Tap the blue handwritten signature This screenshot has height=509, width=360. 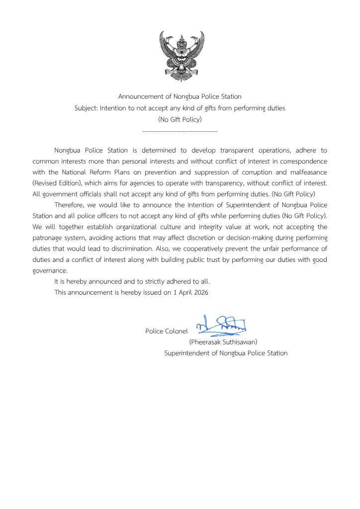222,325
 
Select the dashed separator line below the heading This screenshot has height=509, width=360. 180,131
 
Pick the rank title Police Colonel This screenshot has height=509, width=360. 167,331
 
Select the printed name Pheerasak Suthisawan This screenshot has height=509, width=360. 223,342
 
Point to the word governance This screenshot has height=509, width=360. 49,271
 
